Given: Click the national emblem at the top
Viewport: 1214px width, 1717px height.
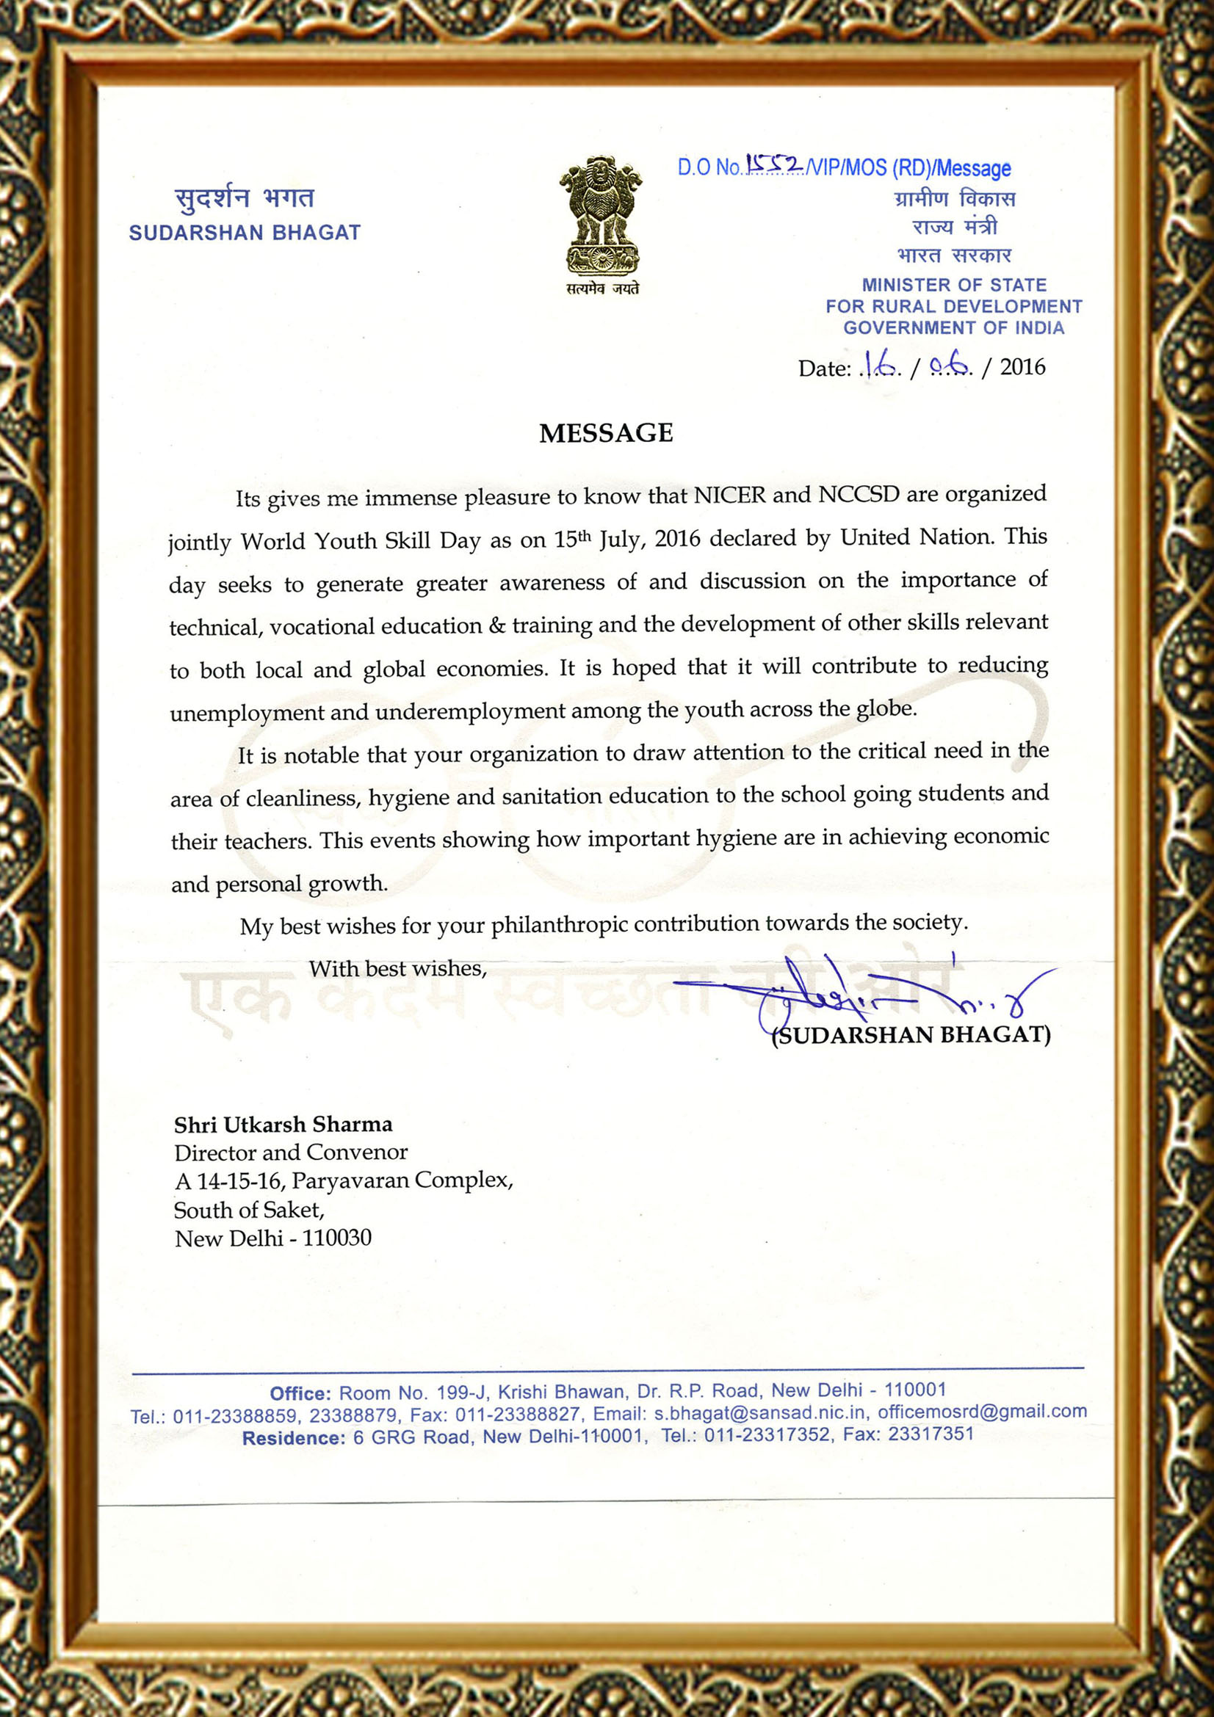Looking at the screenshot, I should click(601, 217).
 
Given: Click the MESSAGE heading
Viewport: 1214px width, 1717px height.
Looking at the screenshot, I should click(606, 433).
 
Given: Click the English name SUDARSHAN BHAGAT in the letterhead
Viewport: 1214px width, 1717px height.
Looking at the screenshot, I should click(245, 233).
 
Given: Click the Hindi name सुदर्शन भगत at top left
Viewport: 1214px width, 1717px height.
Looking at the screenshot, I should click(245, 198).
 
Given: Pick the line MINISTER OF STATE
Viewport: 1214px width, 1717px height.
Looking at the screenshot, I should click(954, 285).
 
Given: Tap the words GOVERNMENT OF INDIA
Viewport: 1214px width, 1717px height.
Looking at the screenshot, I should click(954, 327).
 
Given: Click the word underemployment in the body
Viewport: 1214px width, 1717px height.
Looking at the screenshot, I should click(470, 711).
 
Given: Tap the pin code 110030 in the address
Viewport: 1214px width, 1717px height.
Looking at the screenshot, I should click(336, 1238).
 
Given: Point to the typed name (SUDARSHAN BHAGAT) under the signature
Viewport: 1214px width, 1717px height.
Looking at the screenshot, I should click(911, 1035).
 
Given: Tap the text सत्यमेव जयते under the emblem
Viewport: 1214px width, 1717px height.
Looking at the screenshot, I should click(602, 288).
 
